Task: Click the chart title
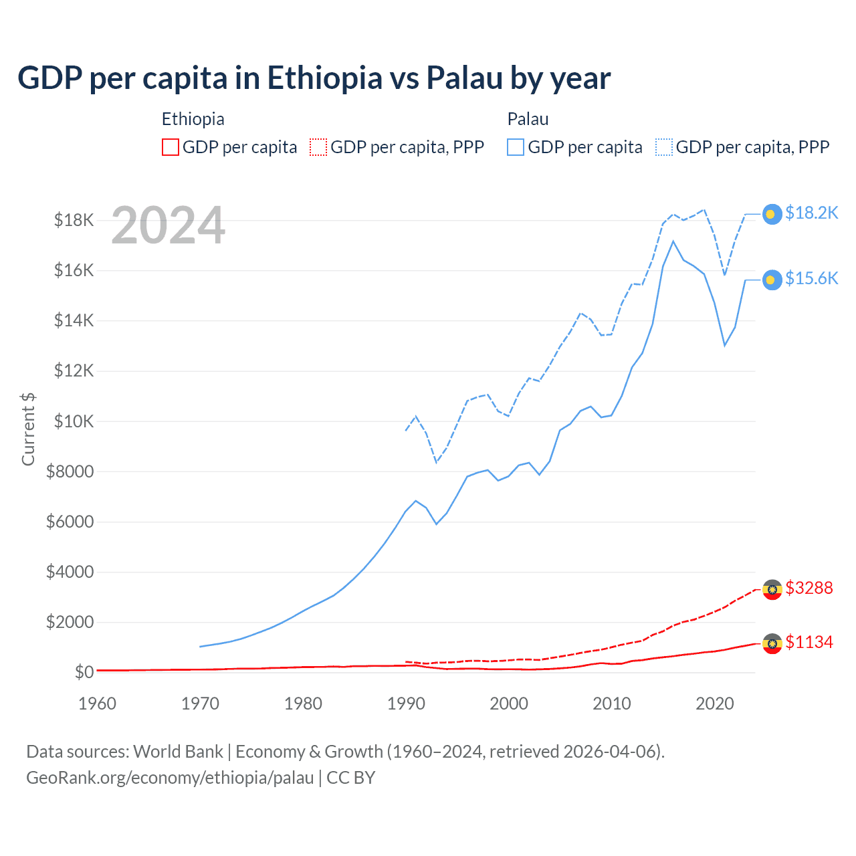tap(314, 78)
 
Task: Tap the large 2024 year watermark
tap(168, 226)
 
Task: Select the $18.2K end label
tap(811, 213)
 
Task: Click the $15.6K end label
tap(811, 279)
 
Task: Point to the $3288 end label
tap(809, 588)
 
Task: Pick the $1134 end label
tap(809, 643)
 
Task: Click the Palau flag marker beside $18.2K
tap(772, 214)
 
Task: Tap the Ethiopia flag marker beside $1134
tap(772, 643)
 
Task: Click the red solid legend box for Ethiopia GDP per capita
tap(171, 147)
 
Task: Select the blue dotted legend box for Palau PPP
tap(664, 147)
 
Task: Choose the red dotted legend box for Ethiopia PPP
tap(319, 147)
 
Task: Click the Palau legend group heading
tap(528, 120)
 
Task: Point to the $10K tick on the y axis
tap(74, 421)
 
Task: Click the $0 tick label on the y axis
tap(84, 672)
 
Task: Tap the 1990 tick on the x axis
tap(406, 704)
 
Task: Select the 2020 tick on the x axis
tap(715, 704)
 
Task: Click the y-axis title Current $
tap(28, 429)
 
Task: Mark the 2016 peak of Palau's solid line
tap(673, 241)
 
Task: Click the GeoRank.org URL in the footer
tap(170, 778)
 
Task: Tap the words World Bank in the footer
tap(178, 752)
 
